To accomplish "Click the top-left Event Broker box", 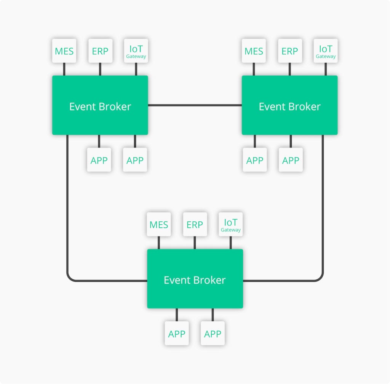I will (100, 105).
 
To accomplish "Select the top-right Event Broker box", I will (289, 105).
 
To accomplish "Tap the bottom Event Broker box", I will (195, 279).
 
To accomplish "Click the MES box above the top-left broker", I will (64, 51).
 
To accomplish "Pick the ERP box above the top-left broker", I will (100, 51).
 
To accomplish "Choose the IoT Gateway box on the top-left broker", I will (136, 51).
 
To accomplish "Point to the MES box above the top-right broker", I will (254, 51).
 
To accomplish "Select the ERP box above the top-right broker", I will (290, 51).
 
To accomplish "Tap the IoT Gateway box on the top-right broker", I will (326, 51).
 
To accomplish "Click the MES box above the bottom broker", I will (159, 224).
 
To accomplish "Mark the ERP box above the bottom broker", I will (195, 224).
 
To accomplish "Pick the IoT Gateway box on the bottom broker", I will (231, 224).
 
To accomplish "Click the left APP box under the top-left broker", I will (99, 160).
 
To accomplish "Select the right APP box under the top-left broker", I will (135, 160).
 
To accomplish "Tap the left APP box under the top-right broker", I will (255, 160).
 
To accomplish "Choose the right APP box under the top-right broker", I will (291, 160).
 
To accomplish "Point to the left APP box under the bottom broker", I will (177, 333).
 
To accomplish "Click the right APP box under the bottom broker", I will (213, 333).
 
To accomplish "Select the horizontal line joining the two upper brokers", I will (195, 105).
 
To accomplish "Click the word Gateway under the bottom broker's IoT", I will (231, 230).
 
